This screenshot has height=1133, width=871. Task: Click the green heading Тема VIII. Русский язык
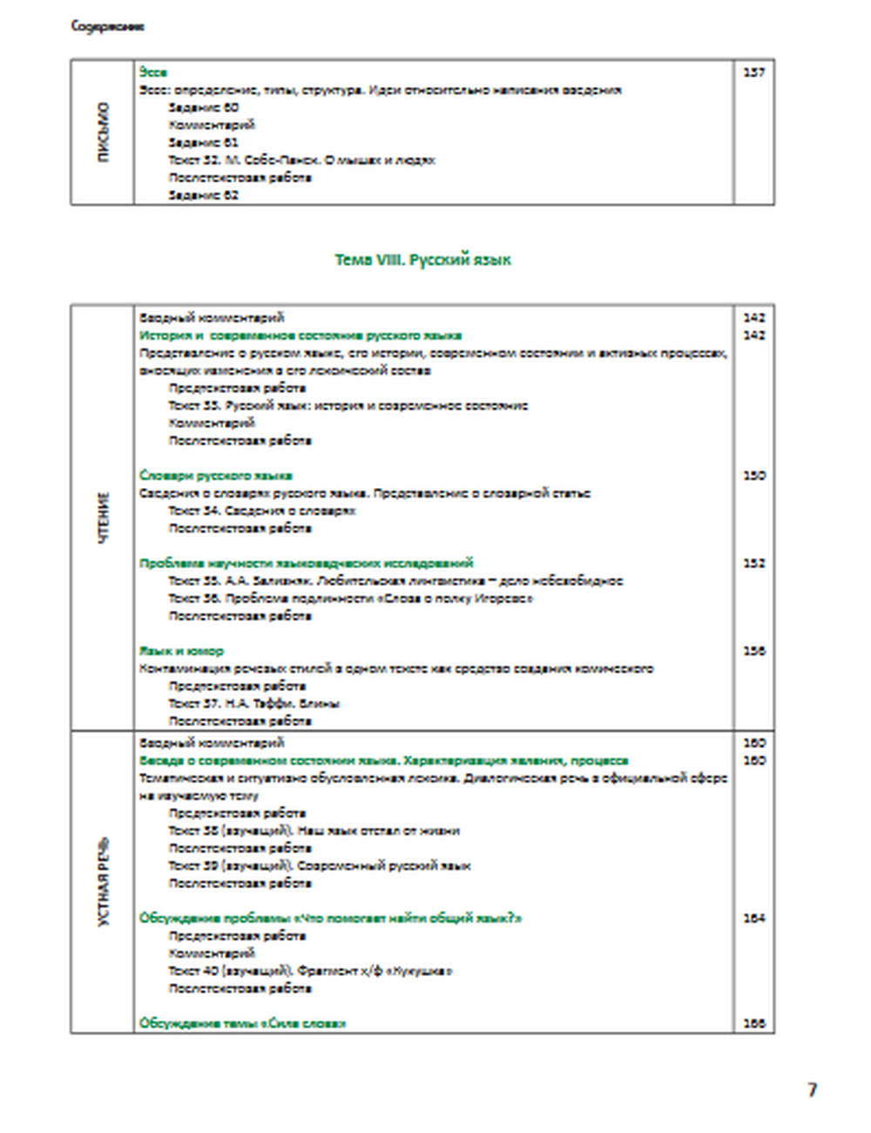click(422, 260)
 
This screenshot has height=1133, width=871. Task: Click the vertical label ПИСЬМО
click(104, 132)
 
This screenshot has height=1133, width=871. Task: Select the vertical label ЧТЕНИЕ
click(104, 519)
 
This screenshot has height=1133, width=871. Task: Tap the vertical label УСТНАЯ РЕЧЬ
click(104, 882)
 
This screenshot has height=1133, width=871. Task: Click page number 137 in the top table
click(754, 72)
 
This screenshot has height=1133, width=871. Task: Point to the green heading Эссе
click(152, 72)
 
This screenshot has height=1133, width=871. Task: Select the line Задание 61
click(203, 142)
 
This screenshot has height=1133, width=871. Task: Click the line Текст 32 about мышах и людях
click(301, 160)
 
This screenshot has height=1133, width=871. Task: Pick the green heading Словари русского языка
click(215, 476)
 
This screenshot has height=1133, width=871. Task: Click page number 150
click(754, 476)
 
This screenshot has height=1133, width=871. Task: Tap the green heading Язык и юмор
click(181, 651)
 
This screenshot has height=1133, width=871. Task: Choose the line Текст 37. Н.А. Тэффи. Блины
click(253, 703)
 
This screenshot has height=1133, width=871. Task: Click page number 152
click(754, 563)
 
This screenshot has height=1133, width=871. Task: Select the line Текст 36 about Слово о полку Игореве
click(350, 599)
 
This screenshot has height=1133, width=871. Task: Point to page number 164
click(754, 918)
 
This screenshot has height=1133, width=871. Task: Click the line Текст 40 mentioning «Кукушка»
click(310, 971)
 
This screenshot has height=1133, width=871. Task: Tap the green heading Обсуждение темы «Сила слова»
click(242, 1023)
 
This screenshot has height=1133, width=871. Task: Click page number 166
click(754, 1023)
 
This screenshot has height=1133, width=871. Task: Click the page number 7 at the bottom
click(812, 1089)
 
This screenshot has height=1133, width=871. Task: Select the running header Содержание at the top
click(107, 26)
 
